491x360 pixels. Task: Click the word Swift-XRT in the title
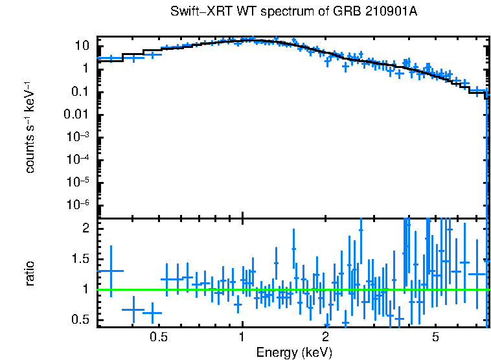[x=196, y=12]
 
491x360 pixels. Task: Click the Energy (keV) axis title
[x=294, y=352]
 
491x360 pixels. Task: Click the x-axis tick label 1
[x=242, y=337]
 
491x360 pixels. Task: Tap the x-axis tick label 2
[x=325, y=337]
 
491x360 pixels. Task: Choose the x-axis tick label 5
[x=436, y=337]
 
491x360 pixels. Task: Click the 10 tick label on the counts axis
[x=82, y=46]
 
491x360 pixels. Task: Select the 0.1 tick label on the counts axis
[x=80, y=92]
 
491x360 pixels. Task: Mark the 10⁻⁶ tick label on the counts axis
[x=78, y=205]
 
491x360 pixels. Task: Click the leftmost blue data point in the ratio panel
[x=111, y=271]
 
